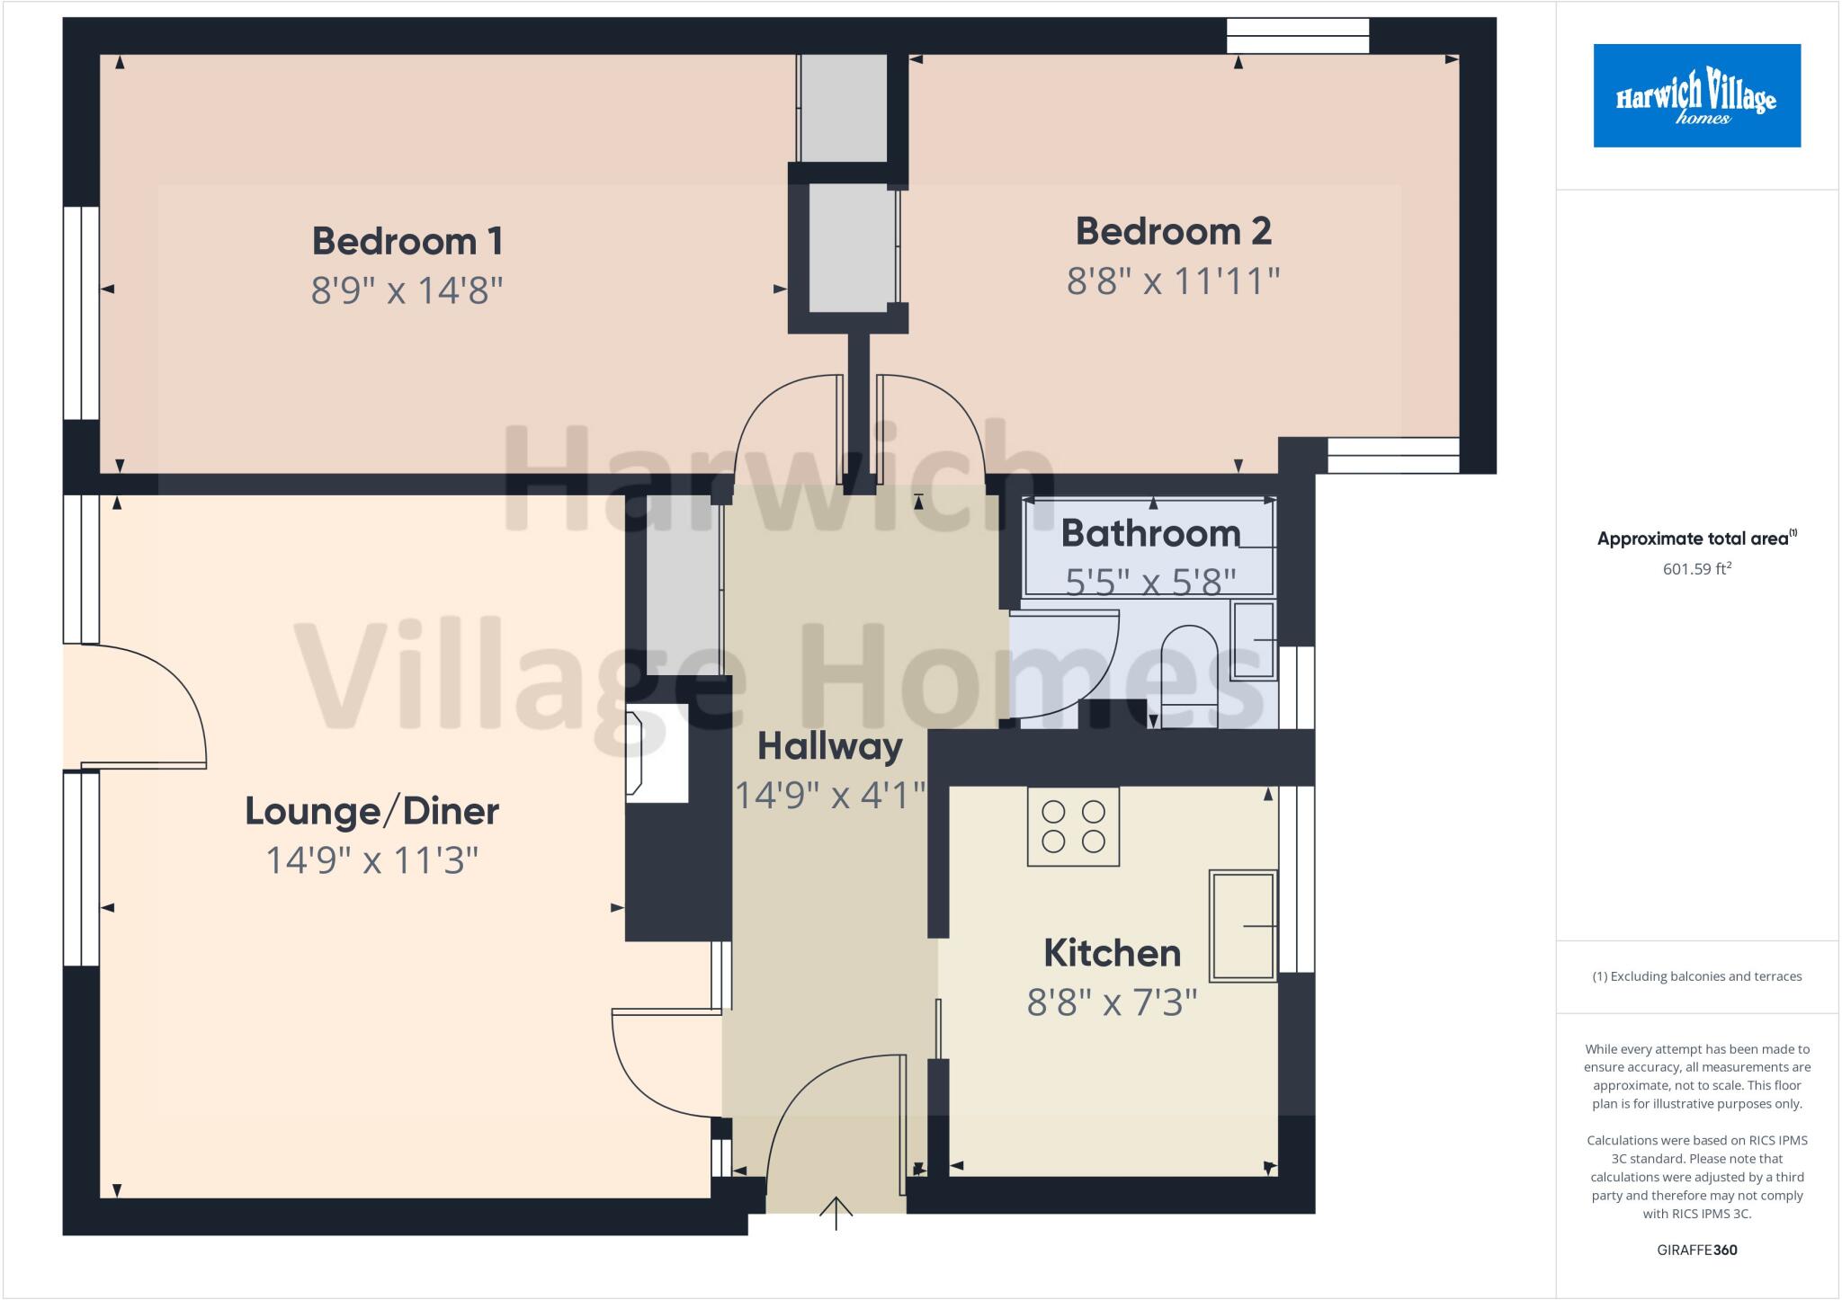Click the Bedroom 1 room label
pos(407,241)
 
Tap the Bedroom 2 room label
pos(1173,232)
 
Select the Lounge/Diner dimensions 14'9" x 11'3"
pos(371,860)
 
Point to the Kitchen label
pos(1112,953)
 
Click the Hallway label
pos(829,746)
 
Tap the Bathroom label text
pos(1150,533)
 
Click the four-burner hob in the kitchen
pos(1073,826)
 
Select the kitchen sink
pos(1243,925)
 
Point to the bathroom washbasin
pos(1253,640)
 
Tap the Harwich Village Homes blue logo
pos(1696,95)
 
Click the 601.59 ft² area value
pos(1696,568)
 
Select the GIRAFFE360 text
pos(1696,1250)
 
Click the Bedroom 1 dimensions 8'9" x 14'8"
pos(407,290)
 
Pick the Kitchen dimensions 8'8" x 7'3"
pos(1112,1002)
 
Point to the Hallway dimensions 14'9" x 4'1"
pos(829,795)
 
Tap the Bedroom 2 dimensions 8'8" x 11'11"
pos(1173,281)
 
